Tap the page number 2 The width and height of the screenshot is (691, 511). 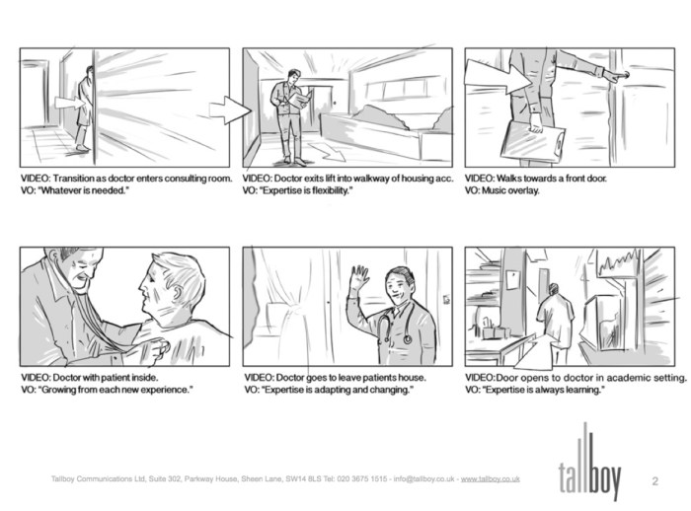pyautogui.click(x=655, y=480)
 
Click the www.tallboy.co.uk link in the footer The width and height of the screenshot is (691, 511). pyautogui.click(x=491, y=479)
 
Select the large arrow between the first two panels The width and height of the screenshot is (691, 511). pyautogui.click(x=233, y=109)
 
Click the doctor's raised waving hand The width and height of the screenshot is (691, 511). pyautogui.click(x=358, y=277)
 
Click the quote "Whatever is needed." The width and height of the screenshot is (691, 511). pyautogui.click(x=89, y=191)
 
